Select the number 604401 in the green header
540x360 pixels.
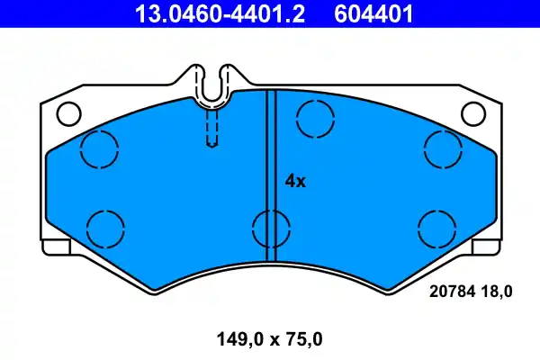(373, 13)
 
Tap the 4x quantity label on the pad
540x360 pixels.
(295, 181)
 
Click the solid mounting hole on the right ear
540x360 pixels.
(473, 114)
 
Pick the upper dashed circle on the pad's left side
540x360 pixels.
(99, 148)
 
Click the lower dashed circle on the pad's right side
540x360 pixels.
(436, 225)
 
